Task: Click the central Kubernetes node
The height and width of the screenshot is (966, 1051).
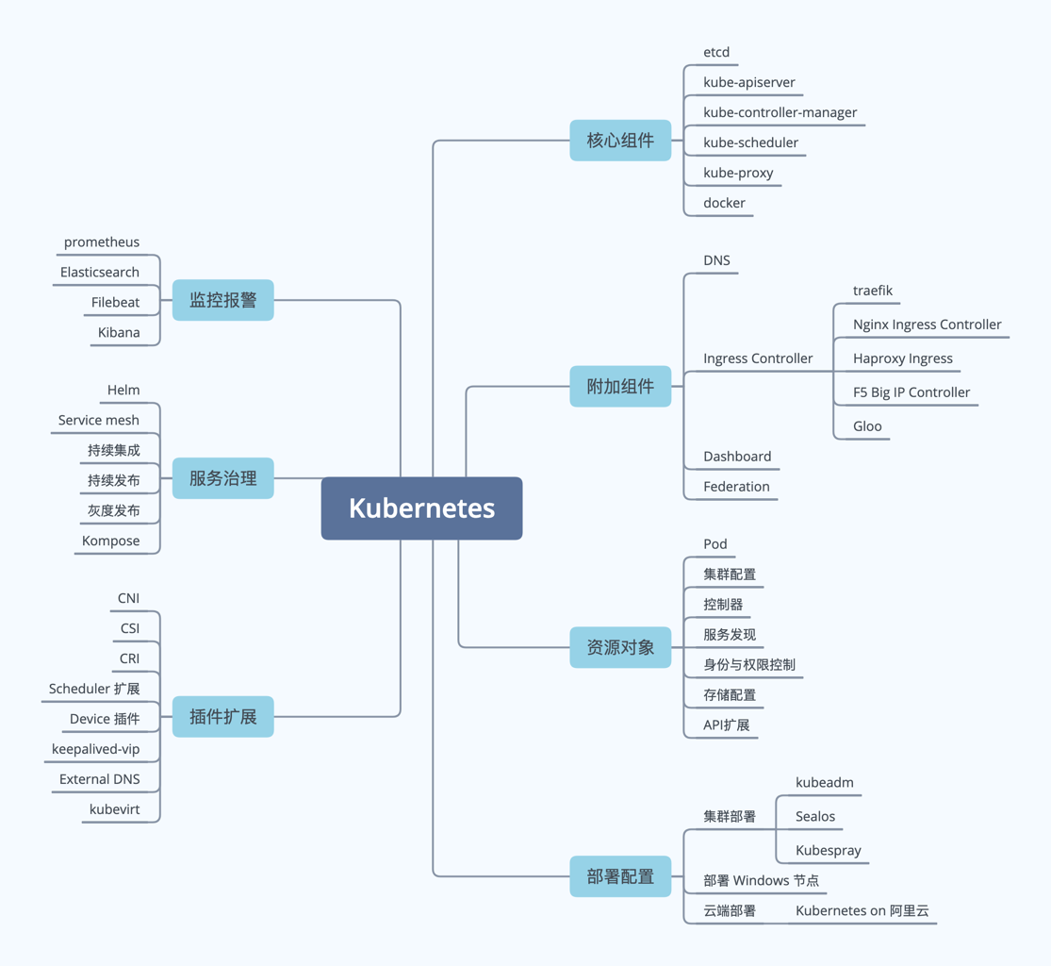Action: click(421, 508)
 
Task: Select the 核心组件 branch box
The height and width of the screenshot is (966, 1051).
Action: click(620, 141)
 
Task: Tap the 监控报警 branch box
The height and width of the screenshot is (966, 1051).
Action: click(222, 300)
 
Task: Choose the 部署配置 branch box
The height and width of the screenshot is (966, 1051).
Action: click(620, 876)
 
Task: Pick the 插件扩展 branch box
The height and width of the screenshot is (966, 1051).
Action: click(222, 717)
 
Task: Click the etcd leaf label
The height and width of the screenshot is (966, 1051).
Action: click(716, 52)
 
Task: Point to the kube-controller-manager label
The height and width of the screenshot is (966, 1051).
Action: click(780, 112)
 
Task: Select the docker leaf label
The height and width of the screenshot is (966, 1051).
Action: click(724, 203)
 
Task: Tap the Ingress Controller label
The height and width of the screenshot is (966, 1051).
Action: click(758, 358)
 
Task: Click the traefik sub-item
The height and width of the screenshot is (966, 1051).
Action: click(873, 291)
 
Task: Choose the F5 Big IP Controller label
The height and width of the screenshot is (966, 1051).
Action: click(911, 392)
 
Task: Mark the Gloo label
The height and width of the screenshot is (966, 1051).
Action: click(867, 426)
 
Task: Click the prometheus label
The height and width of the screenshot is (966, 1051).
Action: click(102, 242)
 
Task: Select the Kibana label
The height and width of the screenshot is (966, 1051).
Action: click(119, 333)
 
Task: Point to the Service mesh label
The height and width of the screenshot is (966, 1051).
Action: click(98, 420)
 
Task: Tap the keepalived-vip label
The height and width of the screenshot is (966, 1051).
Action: click(95, 749)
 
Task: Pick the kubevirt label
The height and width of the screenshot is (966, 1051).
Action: click(114, 809)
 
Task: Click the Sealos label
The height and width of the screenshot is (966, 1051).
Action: click(815, 817)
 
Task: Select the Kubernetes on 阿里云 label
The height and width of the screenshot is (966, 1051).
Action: click(862, 911)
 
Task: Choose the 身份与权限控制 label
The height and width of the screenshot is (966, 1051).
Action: click(749, 665)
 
